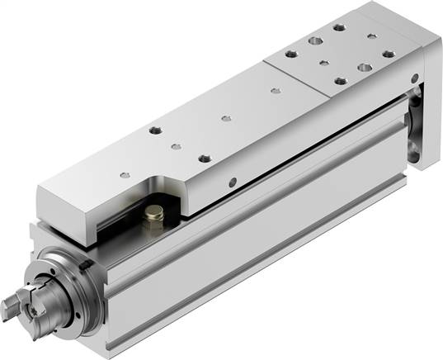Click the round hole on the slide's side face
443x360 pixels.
click(233, 182)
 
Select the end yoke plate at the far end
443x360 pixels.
click(424, 107)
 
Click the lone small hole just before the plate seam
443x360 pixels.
click(274, 92)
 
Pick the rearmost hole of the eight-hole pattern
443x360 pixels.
click(339, 26)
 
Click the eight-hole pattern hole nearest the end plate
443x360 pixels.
click(388, 54)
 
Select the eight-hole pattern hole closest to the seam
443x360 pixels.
click(290, 54)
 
